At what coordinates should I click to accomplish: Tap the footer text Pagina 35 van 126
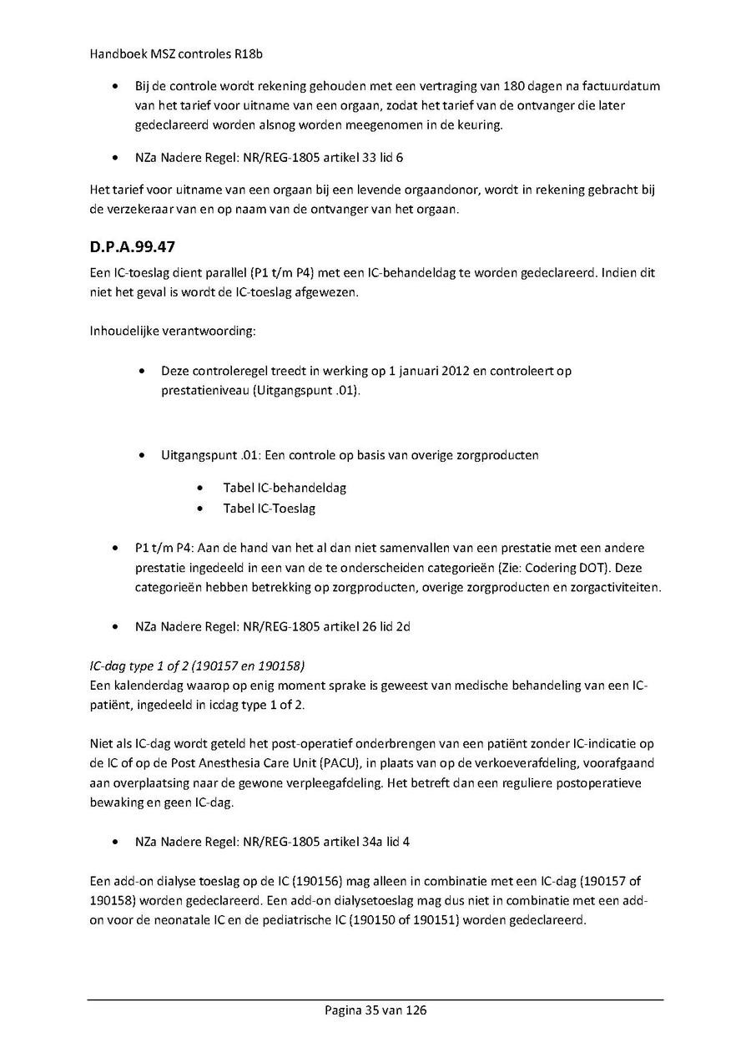click(375, 1010)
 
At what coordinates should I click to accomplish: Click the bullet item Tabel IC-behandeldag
click(284, 488)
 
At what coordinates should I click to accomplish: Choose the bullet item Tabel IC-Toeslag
click(269, 508)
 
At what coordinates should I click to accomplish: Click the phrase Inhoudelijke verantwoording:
click(173, 331)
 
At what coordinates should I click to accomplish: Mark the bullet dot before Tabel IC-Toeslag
click(200, 508)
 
